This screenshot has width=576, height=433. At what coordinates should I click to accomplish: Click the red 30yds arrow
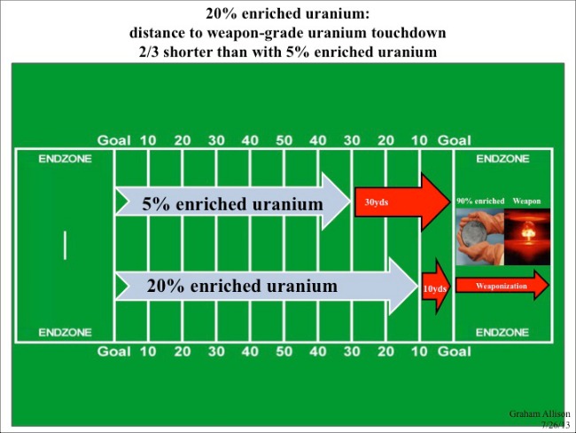(x=402, y=202)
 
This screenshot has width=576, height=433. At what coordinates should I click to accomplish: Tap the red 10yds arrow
(x=436, y=287)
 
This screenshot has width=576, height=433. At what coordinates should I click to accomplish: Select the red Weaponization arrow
(x=502, y=286)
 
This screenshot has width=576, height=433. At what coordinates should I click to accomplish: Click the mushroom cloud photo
(x=527, y=237)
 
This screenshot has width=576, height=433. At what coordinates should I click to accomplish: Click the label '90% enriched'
(x=480, y=201)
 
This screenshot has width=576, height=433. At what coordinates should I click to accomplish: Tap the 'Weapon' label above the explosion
(x=526, y=201)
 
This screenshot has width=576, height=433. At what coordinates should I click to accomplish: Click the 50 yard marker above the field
(x=284, y=140)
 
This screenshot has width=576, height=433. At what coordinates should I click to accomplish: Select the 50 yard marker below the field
(x=284, y=351)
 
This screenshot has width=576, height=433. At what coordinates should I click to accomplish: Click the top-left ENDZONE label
(x=65, y=159)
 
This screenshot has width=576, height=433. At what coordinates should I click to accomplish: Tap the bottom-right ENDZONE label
(x=502, y=333)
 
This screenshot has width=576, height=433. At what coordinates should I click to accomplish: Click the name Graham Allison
(x=540, y=413)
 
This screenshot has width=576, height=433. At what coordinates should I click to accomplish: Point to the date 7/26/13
(x=556, y=425)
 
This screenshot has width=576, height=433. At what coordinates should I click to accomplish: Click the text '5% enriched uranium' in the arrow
(x=232, y=204)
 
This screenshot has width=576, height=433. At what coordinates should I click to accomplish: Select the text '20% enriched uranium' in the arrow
(x=242, y=286)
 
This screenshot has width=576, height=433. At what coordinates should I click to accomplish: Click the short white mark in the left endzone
(x=65, y=246)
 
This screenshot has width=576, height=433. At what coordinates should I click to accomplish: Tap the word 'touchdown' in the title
(x=409, y=33)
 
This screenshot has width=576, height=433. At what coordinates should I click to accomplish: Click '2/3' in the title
(x=149, y=51)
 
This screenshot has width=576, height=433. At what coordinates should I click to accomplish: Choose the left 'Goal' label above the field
(x=114, y=140)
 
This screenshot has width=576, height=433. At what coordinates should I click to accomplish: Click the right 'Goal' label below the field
(x=454, y=351)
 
